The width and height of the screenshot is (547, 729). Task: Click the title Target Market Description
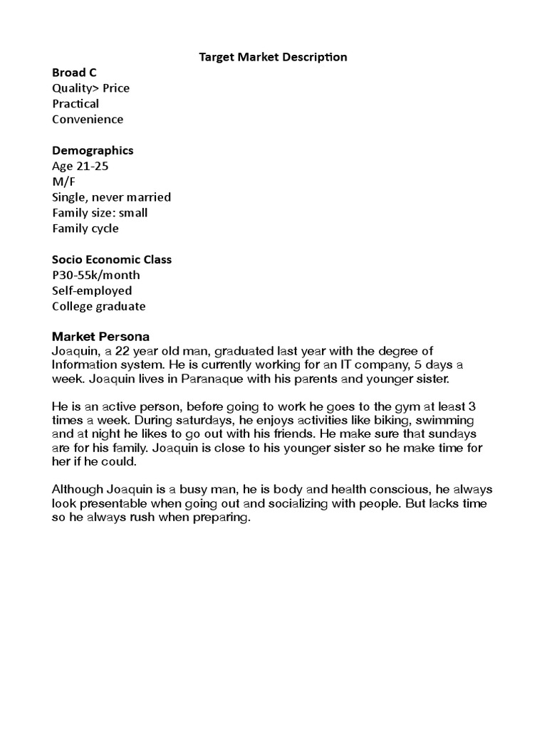point(273,56)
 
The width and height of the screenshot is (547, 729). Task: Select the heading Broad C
point(74,72)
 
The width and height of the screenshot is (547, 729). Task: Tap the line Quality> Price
point(90,88)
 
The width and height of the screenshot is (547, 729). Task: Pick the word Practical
point(75,104)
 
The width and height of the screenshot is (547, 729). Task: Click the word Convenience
point(88,120)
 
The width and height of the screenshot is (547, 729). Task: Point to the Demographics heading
point(93,150)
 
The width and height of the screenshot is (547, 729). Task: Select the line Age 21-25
point(80,166)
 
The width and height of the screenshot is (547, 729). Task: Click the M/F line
point(63,182)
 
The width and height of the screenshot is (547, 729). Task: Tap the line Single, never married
point(111,197)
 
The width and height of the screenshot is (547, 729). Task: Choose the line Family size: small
point(100,213)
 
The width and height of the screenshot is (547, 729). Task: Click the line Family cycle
point(85,229)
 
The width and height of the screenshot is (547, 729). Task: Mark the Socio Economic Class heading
point(112,259)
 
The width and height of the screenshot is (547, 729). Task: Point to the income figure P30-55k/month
point(96,275)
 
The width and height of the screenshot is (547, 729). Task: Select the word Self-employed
point(92,290)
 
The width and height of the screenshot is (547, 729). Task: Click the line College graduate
point(98,306)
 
